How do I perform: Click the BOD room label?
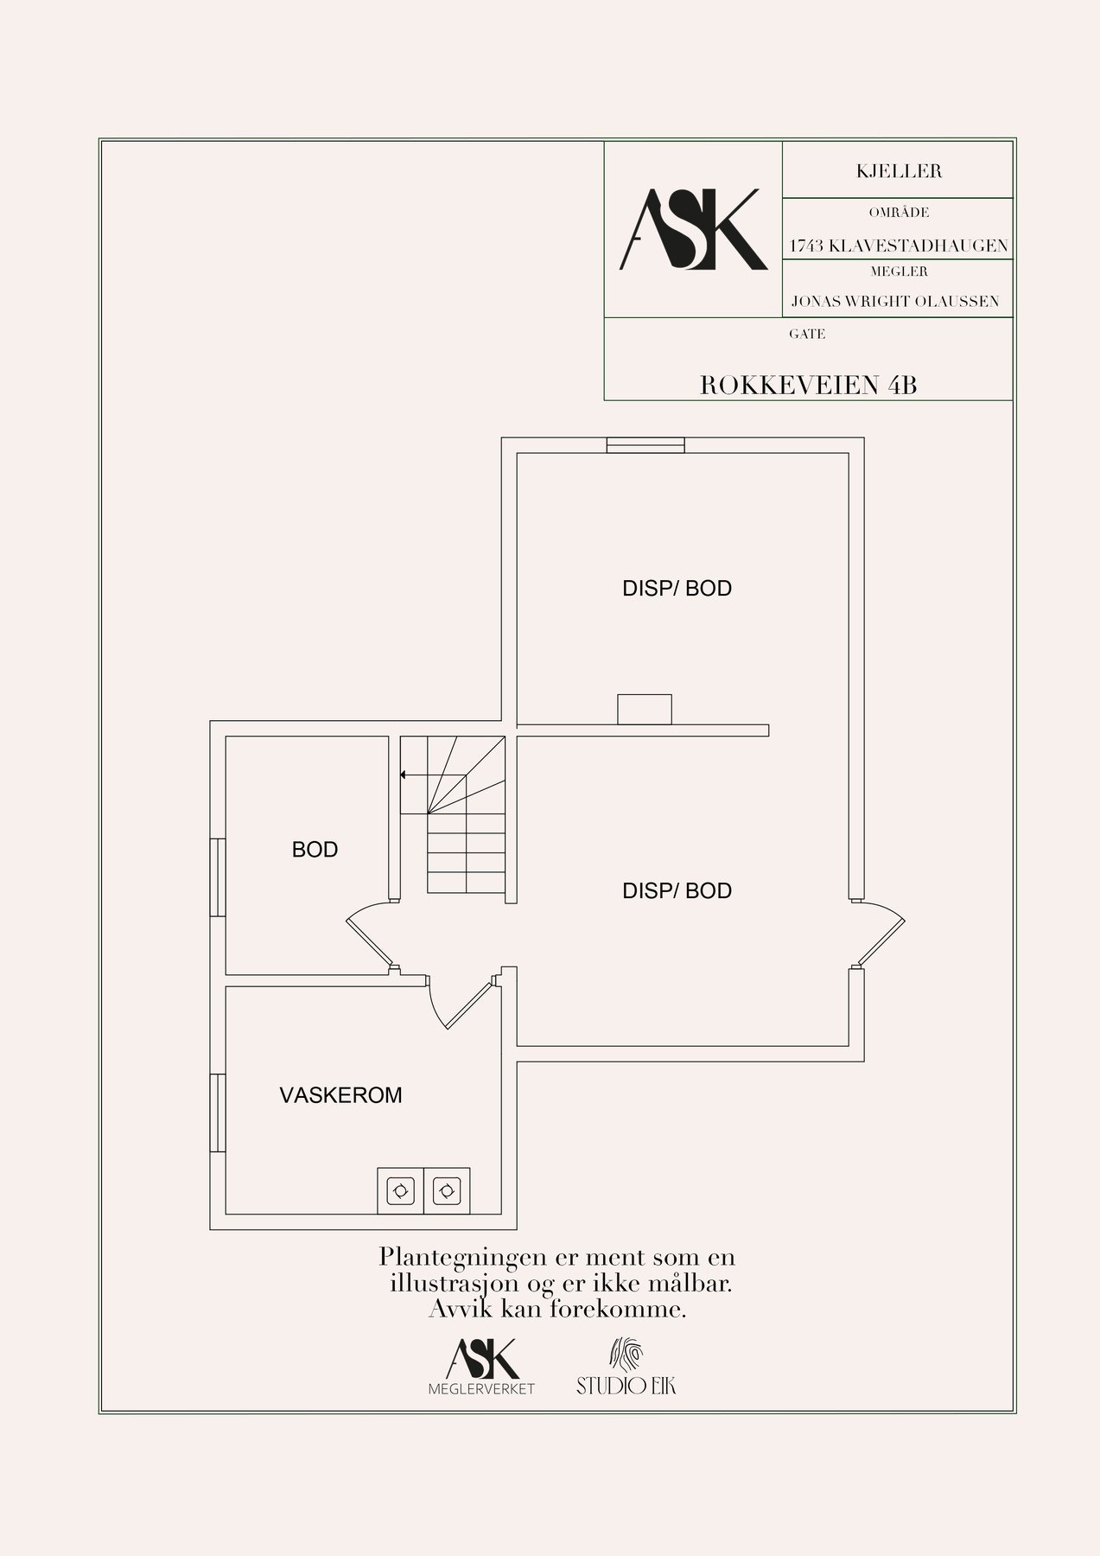tap(315, 850)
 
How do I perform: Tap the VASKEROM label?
tap(340, 1095)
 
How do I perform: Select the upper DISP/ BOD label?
tap(677, 589)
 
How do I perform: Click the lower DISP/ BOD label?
tap(677, 891)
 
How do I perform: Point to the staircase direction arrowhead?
tap(404, 775)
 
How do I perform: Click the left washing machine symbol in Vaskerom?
tap(400, 1191)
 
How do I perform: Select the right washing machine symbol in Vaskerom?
tap(447, 1191)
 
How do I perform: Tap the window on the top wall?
tap(645, 444)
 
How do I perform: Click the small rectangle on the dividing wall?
tap(644, 709)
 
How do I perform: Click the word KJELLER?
tap(899, 171)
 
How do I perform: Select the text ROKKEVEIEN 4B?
tap(808, 386)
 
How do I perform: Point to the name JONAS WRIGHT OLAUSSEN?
tap(895, 302)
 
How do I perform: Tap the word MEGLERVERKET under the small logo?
tap(482, 1388)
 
